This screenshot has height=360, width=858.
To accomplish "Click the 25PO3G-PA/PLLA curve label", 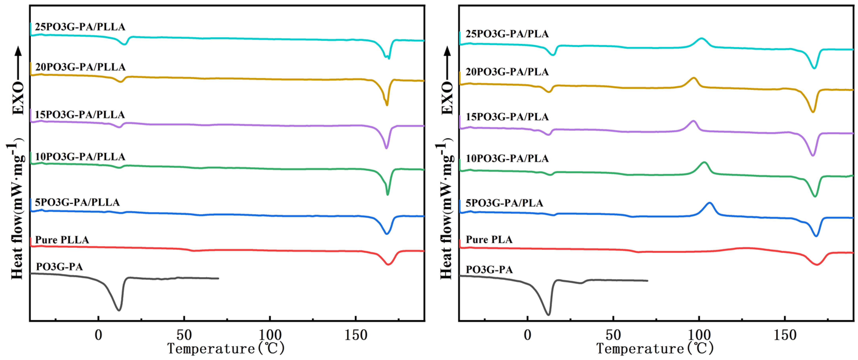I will coord(80,27).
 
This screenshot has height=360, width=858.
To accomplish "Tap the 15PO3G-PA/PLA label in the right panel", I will coord(507,117).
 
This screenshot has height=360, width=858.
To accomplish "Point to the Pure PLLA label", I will coord(62,240).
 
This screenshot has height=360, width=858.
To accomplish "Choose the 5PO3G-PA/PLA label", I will coord(504,203).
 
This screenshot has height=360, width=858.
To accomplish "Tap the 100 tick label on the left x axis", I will coord(270,335).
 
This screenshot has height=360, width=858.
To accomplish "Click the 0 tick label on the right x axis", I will coord(528,335).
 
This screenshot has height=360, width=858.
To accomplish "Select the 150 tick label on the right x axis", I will coord(785,335).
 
